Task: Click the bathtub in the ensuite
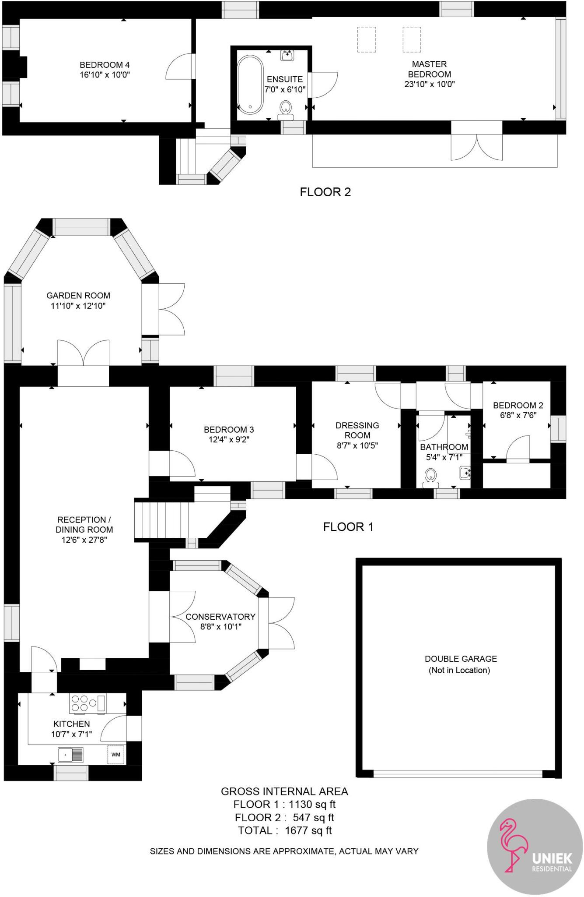click(x=250, y=85)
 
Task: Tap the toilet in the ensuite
click(x=286, y=108)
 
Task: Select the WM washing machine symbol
click(x=116, y=754)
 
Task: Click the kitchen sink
click(x=70, y=755)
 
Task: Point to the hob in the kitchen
click(x=88, y=703)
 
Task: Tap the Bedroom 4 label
click(x=105, y=65)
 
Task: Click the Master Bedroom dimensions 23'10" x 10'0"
click(x=430, y=84)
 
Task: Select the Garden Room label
click(x=78, y=295)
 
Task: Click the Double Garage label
click(x=461, y=658)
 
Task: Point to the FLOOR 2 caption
click(x=325, y=192)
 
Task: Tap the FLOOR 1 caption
click(x=348, y=526)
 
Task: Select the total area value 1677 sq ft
click(x=308, y=830)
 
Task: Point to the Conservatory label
click(x=220, y=616)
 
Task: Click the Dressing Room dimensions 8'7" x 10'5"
click(x=357, y=445)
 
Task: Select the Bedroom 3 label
click(x=229, y=429)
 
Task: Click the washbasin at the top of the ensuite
click(x=287, y=55)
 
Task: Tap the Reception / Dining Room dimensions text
click(x=84, y=540)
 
